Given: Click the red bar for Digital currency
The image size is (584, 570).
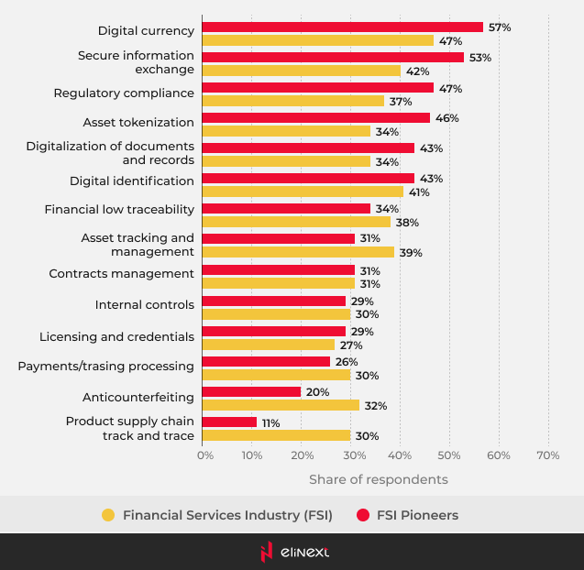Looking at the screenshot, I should pos(342,27).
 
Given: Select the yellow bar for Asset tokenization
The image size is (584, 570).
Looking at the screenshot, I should pos(286,132).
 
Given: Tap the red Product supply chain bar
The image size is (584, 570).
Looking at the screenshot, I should pos(229,422).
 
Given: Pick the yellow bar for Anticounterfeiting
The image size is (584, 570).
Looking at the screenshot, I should pos(281,405).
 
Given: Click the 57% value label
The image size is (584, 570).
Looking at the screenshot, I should pos(500,27).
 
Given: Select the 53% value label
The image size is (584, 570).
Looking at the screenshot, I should pos(480,58).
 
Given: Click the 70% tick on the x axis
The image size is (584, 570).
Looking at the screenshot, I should pos(547,455).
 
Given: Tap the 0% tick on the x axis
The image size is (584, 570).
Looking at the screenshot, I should pos(205,455).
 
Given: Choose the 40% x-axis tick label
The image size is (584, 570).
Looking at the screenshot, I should pos(399,455).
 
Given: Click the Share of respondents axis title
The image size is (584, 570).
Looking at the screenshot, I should pos(378,479).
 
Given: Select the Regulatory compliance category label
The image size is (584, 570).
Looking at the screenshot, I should pos(124,93).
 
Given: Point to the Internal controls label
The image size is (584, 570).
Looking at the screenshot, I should pos(145,304).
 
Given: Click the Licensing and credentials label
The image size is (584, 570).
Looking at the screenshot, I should pos(116,336).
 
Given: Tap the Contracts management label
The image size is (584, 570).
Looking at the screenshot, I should pos(121,273).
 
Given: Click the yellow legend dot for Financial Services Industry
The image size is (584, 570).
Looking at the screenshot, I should pos(108,515).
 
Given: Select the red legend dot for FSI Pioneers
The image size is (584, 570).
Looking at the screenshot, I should pos(362,515).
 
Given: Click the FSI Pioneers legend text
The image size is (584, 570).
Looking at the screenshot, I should pos(417,515).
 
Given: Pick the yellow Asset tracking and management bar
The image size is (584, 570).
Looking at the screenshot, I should pos(298,252).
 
